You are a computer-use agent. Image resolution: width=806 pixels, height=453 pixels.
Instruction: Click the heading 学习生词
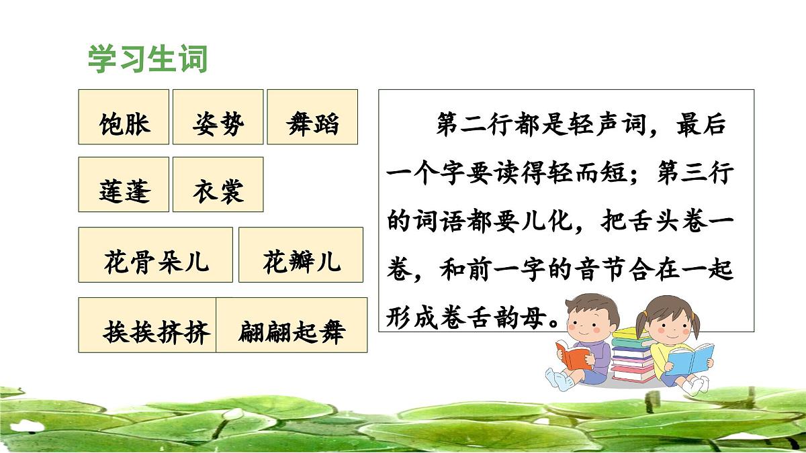tap(148, 59)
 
